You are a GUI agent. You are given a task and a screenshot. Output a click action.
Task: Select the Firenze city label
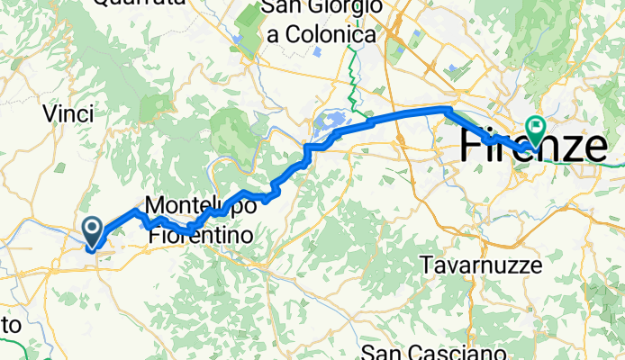(x=532, y=147)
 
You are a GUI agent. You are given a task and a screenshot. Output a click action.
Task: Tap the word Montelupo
(x=199, y=205)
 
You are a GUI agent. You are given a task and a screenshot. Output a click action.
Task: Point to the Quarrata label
(x=140, y=4)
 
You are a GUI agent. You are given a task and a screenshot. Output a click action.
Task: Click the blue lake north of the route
(x=331, y=121)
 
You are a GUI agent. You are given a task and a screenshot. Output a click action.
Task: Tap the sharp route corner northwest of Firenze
(x=447, y=109)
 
